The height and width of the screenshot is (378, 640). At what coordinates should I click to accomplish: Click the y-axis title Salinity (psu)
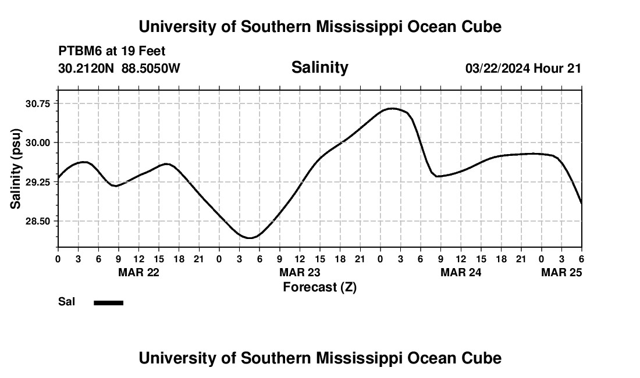(x=16, y=169)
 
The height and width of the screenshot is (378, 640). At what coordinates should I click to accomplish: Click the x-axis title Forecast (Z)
(x=319, y=287)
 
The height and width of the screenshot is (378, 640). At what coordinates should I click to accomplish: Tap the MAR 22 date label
(x=138, y=272)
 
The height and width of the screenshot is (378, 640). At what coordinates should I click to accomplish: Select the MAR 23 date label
(x=300, y=272)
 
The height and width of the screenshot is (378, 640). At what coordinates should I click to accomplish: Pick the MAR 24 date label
(x=461, y=272)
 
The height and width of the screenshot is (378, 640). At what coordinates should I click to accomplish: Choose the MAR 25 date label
(x=561, y=272)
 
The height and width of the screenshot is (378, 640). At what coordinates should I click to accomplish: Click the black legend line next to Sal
(x=109, y=302)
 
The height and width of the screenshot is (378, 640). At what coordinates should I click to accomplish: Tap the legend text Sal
(x=67, y=302)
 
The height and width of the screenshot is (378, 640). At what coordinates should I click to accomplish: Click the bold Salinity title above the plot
(x=319, y=67)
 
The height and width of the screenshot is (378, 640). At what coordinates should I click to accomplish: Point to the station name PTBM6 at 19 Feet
(x=112, y=51)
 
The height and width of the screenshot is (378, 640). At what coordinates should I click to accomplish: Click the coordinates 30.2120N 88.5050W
(x=119, y=69)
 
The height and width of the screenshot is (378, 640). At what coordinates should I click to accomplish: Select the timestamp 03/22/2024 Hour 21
(x=523, y=69)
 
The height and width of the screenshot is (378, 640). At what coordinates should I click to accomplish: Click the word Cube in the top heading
(x=481, y=27)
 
